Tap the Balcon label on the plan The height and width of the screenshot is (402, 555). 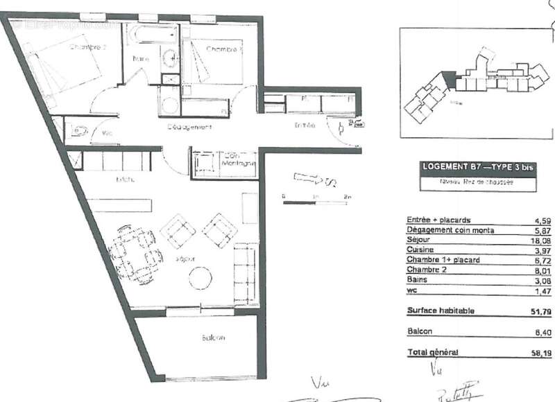pyautogui.click(x=213, y=338)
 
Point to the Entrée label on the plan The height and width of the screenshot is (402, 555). pyautogui.click(x=305, y=125)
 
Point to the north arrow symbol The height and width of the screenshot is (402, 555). pyautogui.click(x=316, y=180)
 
